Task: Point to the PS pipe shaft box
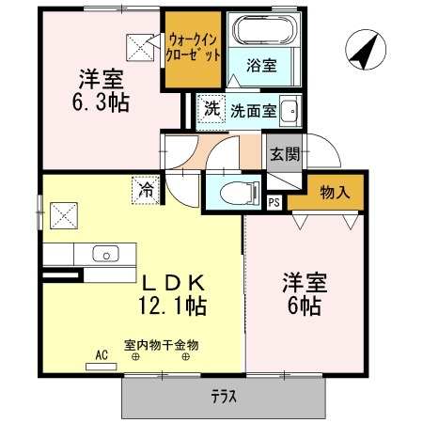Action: [274, 201]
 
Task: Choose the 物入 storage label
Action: [335, 193]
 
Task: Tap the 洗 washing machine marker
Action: [212, 109]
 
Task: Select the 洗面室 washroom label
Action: [254, 109]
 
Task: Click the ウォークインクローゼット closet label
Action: [196, 47]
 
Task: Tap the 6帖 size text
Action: [303, 305]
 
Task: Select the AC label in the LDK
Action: [102, 354]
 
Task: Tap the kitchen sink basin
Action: [105, 254]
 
